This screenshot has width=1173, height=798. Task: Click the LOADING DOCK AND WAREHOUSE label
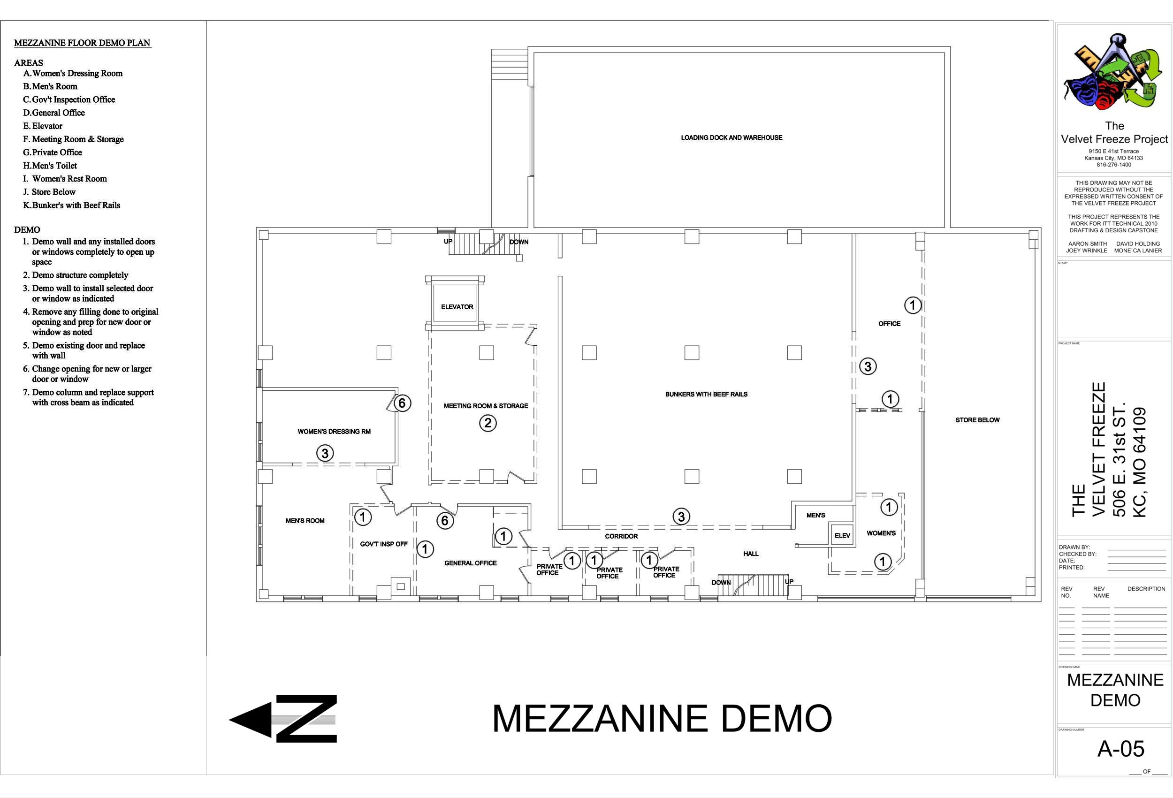coord(731,137)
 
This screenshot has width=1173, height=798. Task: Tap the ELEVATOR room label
coord(457,306)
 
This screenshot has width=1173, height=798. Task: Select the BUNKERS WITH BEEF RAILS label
coord(706,394)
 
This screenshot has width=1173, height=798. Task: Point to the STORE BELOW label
coord(977,420)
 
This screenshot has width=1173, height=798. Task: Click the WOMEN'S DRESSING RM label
coord(334,432)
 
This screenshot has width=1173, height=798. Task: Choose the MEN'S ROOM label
coord(305,520)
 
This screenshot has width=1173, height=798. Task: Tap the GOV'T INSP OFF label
coord(384,544)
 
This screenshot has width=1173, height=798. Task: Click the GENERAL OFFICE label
coord(471,563)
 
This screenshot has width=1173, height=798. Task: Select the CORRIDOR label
coord(621,536)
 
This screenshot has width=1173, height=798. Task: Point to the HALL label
coord(751,554)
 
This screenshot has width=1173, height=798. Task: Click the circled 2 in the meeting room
coord(487,423)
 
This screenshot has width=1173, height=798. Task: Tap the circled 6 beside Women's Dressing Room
coord(402,403)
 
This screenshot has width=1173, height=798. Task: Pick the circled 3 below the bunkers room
coord(681,517)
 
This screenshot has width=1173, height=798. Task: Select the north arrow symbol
coord(283,719)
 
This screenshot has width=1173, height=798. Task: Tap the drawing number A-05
coord(1120,749)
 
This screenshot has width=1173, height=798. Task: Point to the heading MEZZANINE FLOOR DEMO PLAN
coord(82,43)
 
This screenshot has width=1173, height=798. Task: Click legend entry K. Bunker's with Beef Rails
coord(72,205)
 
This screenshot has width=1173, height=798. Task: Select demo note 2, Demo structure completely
coord(75,275)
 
